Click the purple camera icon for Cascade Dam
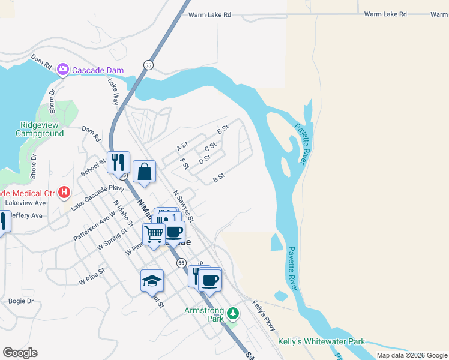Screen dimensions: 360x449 63,70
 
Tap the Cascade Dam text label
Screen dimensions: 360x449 98,70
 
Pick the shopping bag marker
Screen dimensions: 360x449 145,172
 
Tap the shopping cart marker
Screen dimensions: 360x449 154,233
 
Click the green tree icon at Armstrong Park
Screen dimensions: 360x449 234,313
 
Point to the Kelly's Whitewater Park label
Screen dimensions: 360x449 322,341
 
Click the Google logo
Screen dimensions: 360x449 20,352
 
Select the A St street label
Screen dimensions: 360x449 182,146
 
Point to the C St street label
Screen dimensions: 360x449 210,147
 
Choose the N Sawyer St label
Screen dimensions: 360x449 183,206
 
